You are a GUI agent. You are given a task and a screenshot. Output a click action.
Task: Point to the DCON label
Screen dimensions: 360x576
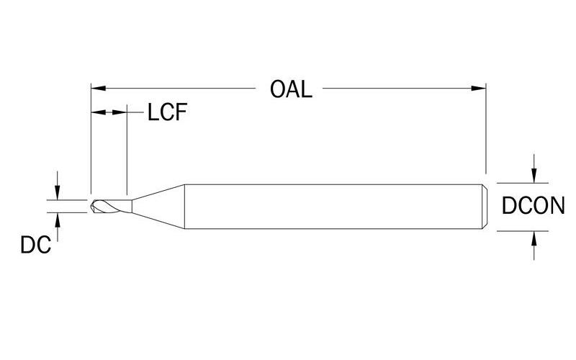tap(533, 206)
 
